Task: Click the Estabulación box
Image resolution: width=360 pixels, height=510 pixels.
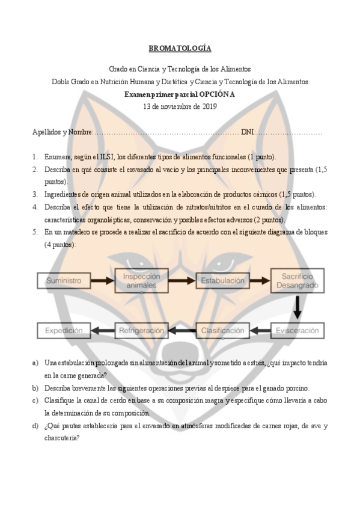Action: [222, 280]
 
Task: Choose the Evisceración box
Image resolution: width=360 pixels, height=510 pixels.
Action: [297, 330]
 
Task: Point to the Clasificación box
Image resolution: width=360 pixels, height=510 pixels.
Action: [222, 330]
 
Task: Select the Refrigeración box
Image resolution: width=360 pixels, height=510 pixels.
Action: [141, 330]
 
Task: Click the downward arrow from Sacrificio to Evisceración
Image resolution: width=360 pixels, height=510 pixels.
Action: [297, 309]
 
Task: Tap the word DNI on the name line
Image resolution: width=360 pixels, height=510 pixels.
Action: [248, 132]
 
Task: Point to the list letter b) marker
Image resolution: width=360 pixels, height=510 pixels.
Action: [35, 388]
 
